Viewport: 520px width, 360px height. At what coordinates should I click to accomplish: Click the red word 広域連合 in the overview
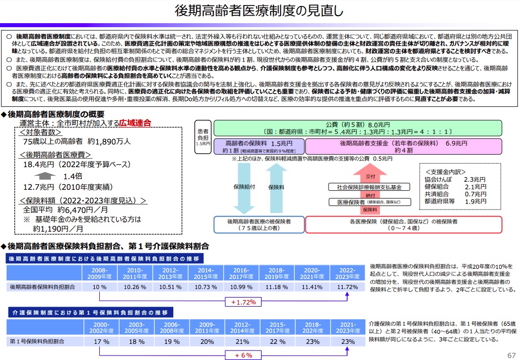tap(135, 123)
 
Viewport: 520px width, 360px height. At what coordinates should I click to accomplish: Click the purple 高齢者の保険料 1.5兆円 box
tap(258, 146)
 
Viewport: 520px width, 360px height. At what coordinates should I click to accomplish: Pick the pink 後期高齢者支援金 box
tap(404, 146)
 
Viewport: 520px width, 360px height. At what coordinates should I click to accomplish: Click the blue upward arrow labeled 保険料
tap(276, 187)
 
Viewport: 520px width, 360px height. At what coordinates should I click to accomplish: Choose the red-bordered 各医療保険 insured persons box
tap(404, 225)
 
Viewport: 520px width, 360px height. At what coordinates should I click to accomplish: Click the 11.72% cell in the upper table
tap(348, 287)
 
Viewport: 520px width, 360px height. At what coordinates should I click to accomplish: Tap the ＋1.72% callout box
tap(243, 302)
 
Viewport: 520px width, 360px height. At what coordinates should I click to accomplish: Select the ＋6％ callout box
tap(243, 355)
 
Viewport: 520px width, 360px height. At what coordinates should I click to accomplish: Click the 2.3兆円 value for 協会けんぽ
tap(475, 179)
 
